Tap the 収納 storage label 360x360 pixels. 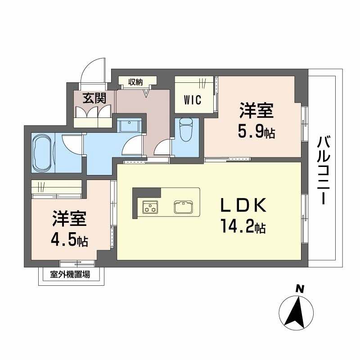click(x=135, y=82)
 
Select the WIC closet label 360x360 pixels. click(x=192, y=99)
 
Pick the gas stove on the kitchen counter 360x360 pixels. click(x=150, y=207)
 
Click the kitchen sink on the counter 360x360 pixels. click(x=183, y=207)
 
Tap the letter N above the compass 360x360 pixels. click(x=298, y=288)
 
